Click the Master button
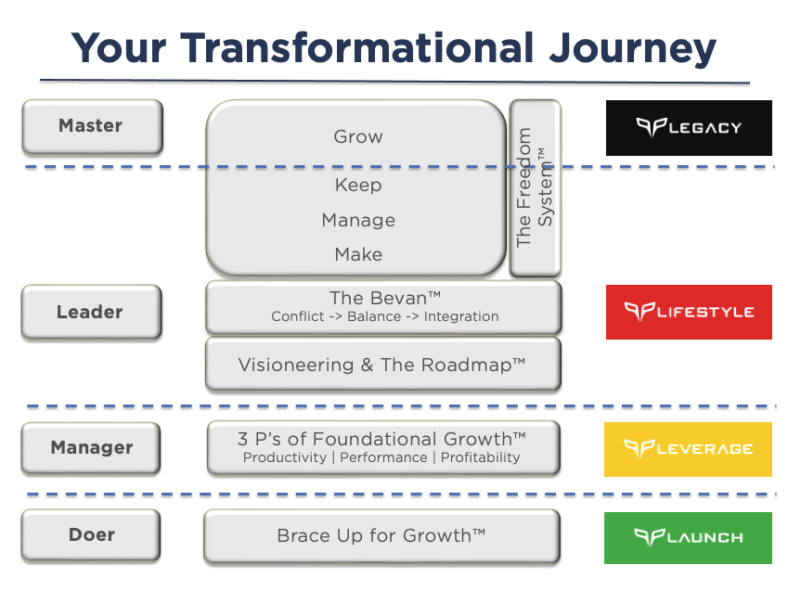pos(91,125)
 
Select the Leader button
pos(91,312)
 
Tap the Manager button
pos(91,447)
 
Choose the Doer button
pos(91,535)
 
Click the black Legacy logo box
pos(689,127)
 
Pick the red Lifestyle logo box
pos(689,312)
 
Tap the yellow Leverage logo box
pos(689,449)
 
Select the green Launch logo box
pos(689,537)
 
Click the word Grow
pos(358,136)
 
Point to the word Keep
pos(358,185)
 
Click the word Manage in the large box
pos(358,220)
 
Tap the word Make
pos(358,254)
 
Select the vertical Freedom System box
pos(535,188)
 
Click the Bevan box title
pos(384,298)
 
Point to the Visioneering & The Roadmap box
pos(382,365)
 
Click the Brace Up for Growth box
pos(381,535)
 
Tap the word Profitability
pos(480,457)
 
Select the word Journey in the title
pos(630,47)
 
